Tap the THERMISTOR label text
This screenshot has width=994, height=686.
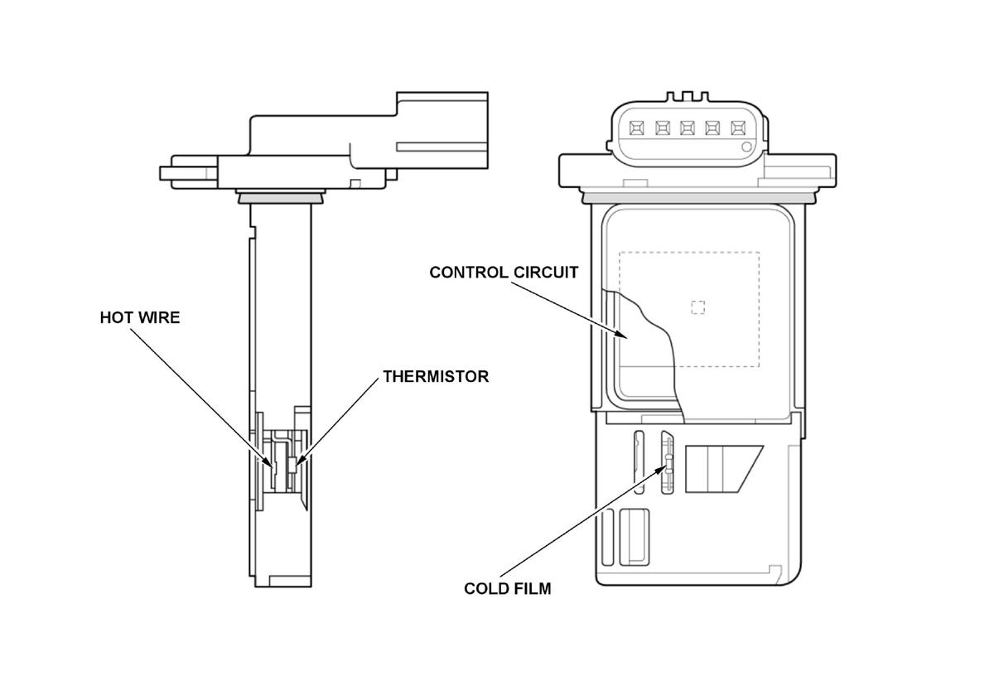point(436,376)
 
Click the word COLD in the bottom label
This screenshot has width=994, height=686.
point(485,589)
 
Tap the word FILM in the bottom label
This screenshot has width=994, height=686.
point(533,589)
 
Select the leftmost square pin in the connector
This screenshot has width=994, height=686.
point(637,128)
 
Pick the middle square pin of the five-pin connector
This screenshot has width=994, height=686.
point(688,128)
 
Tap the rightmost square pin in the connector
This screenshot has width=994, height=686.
point(737,128)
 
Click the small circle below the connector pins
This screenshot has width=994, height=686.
point(747,147)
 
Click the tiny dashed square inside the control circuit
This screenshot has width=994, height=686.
point(698,307)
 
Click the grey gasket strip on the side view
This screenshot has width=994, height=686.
point(280,198)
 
